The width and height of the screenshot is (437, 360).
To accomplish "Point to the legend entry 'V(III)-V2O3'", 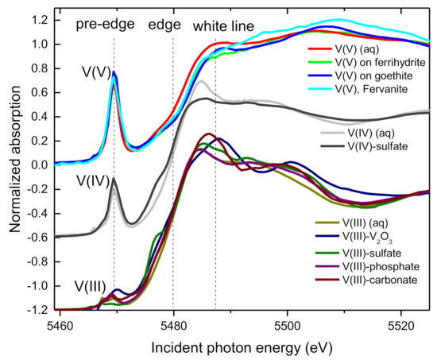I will pos(371,234).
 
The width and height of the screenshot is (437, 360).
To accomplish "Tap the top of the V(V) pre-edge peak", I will pos(114,72).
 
